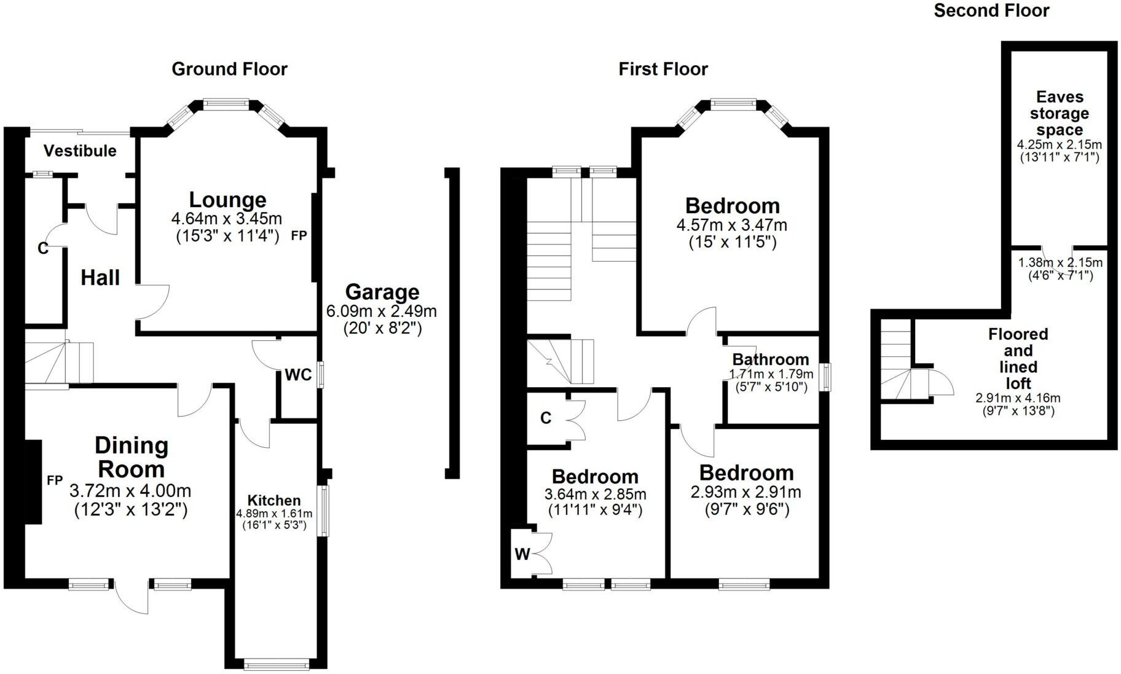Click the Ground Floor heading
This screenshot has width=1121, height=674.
tap(229, 69)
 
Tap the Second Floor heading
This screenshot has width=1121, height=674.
tap(991, 10)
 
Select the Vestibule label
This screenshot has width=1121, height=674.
tap(80, 151)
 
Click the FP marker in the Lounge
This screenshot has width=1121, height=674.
tap(299, 235)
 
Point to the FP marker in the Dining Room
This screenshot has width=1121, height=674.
tap(55, 480)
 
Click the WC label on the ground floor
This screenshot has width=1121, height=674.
tap(298, 375)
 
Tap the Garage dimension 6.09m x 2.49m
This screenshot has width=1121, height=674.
tap(381, 311)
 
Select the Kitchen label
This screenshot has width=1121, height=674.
tap(274, 500)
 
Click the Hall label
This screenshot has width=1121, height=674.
tap(100, 278)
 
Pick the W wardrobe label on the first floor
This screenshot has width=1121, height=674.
tap(522, 554)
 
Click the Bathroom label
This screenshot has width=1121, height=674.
tap(771, 359)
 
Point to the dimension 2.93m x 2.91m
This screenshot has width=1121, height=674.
tap(746, 492)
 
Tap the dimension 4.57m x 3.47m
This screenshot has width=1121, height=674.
tap(731, 225)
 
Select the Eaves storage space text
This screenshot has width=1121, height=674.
tap(1060, 114)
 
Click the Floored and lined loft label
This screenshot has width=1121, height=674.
tap(1018, 359)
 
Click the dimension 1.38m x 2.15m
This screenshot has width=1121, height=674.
tap(1060, 263)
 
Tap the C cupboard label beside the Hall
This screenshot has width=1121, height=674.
tap(42, 248)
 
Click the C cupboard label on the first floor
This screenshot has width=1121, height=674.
tap(546, 418)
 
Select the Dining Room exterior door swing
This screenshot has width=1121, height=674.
tap(130, 597)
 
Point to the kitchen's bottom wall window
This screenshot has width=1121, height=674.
tap(275, 664)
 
